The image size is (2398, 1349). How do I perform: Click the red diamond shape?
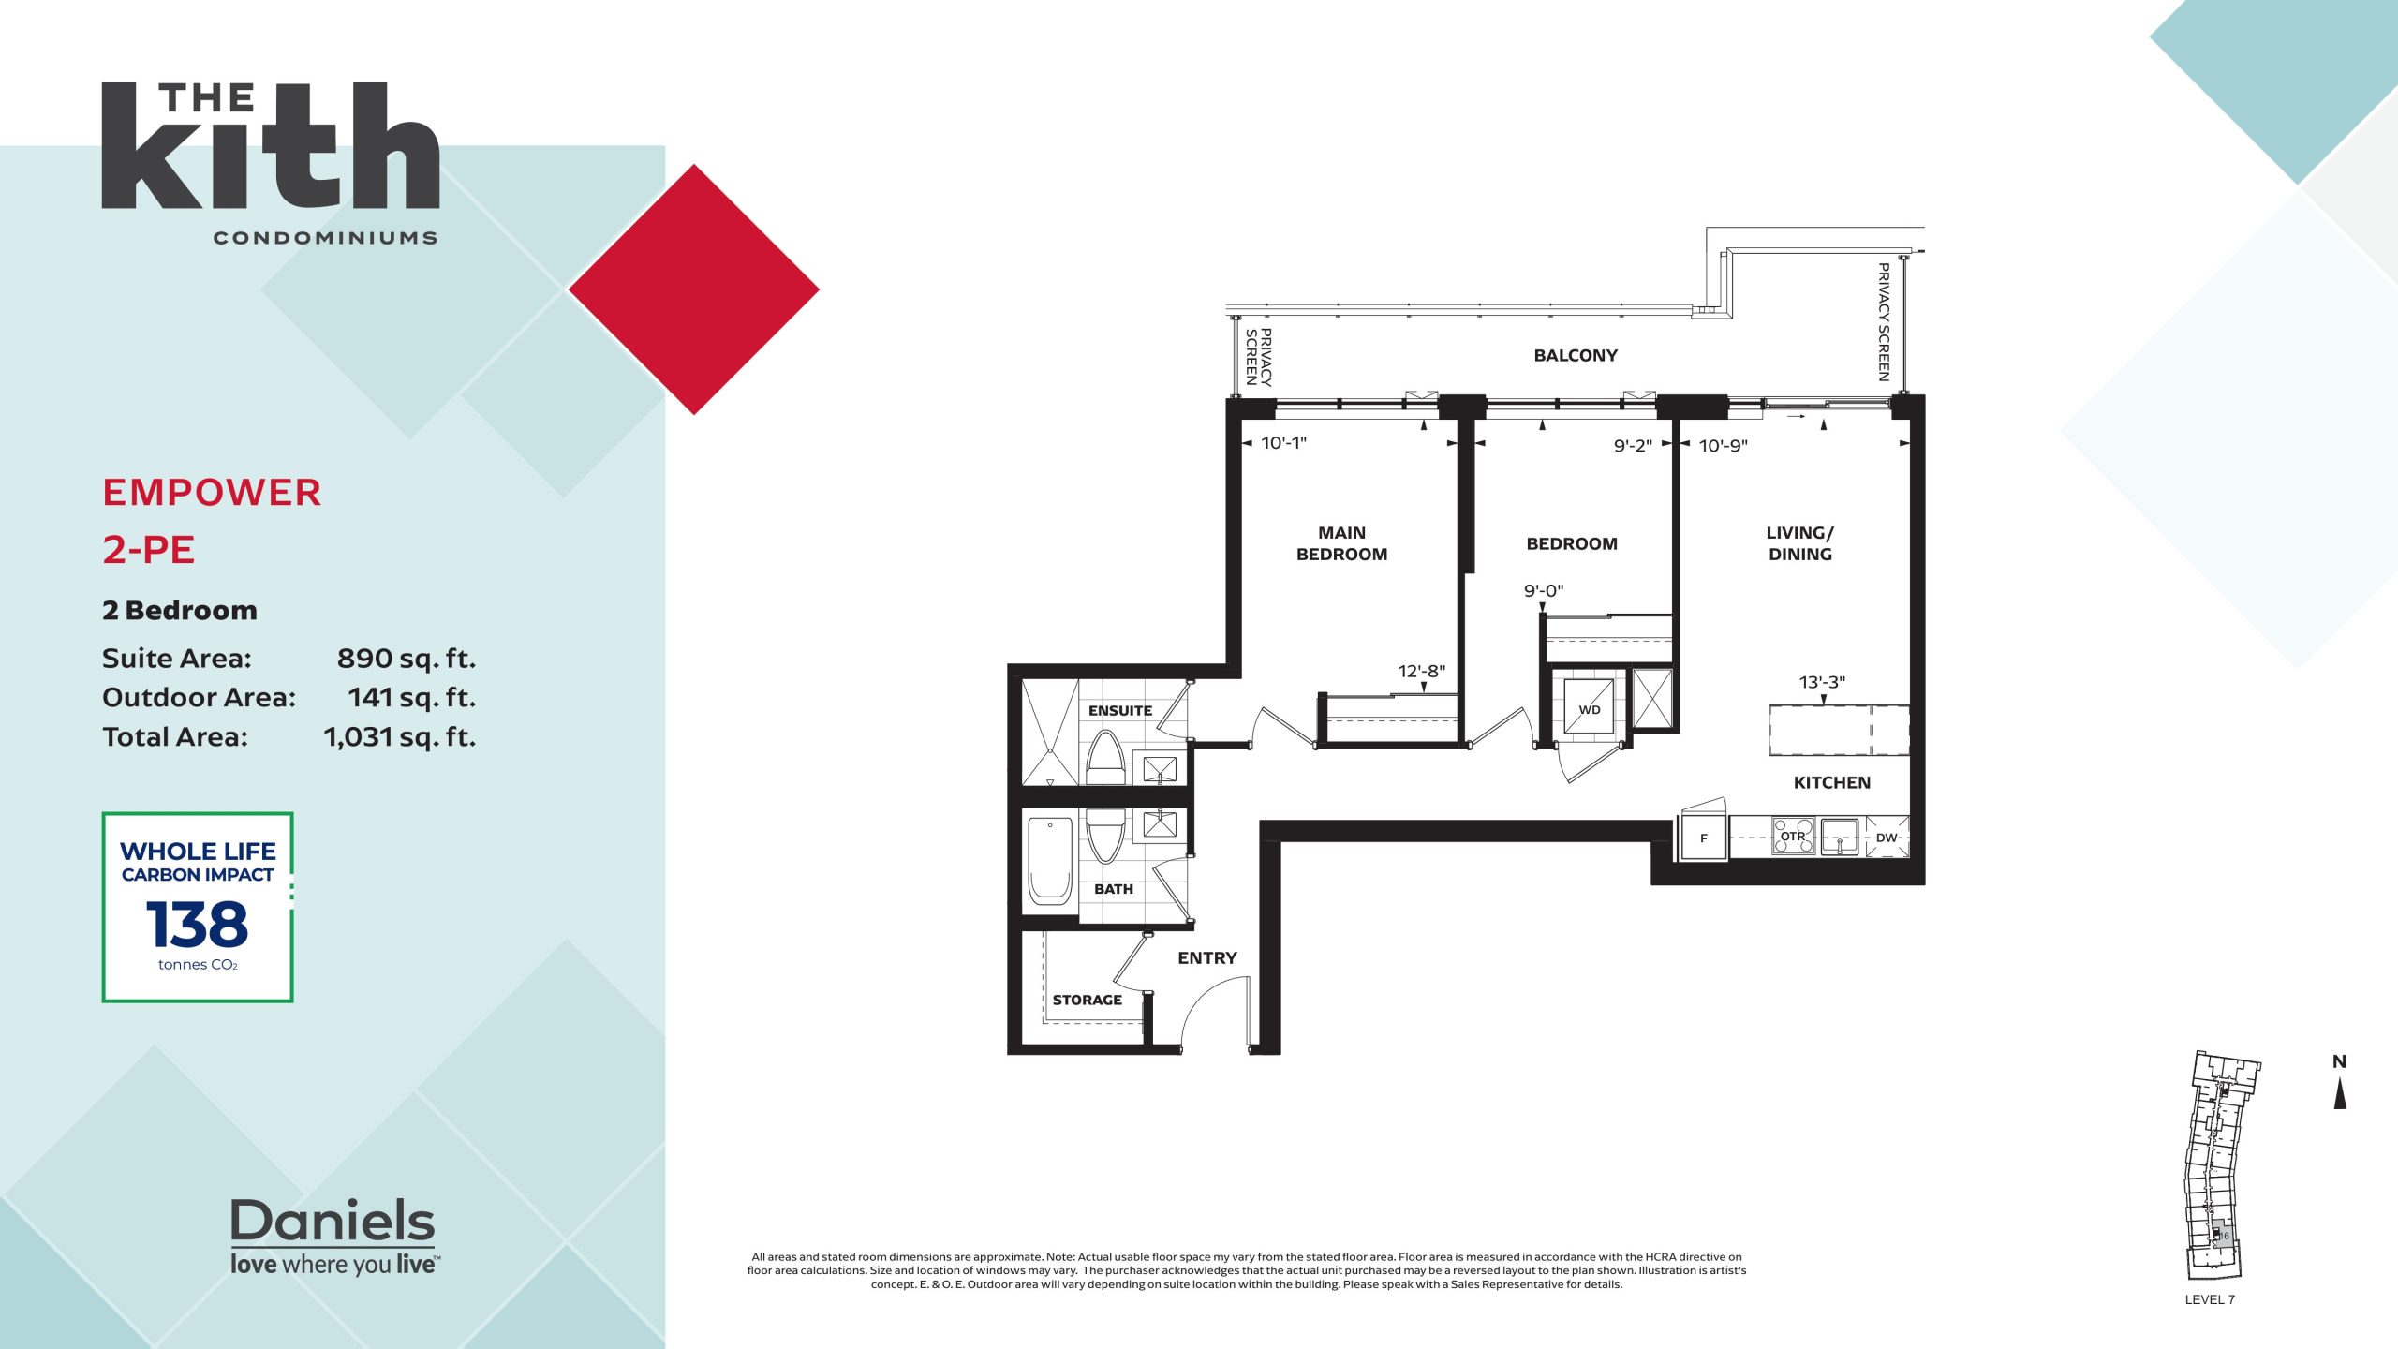tap(694, 289)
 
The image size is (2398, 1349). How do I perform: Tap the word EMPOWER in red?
tap(212, 493)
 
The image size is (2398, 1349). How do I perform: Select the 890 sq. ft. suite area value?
tap(407, 659)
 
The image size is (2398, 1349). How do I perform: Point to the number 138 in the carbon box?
tap(198, 925)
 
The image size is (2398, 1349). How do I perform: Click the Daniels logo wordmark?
tap(333, 1221)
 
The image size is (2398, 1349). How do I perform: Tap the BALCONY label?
tap(1576, 356)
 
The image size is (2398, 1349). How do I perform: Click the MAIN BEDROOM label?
tap(1341, 543)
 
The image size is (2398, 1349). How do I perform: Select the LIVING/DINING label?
tap(1799, 543)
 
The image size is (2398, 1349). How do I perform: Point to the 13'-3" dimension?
tap(1822, 682)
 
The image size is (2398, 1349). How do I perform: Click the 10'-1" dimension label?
tap(1283, 443)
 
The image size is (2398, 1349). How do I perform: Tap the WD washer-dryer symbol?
tap(1589, 706)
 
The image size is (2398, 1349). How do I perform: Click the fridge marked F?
tap(1703, 838)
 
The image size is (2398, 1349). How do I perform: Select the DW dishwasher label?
tap(1887, 838)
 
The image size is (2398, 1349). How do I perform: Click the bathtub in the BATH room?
tap(1050, 860)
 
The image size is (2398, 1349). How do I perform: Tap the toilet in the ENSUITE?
tap(1105, 757)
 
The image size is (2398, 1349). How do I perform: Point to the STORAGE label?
tap(1087, 1001)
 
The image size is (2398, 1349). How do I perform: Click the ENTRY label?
tap(1207, 958)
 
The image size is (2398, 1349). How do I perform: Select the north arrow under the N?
tap(2340, 1093)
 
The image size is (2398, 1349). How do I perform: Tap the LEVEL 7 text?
tap(2210, 1299)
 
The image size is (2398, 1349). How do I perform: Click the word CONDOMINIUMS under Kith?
tap(325, 238)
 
